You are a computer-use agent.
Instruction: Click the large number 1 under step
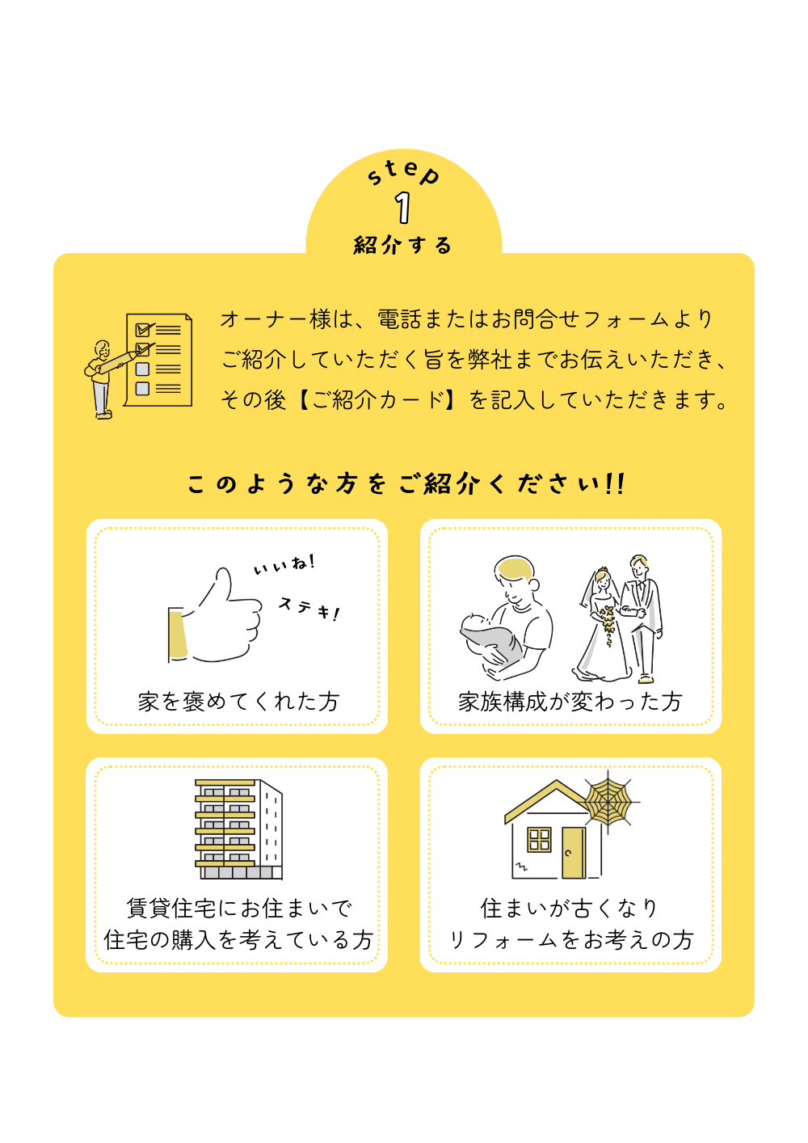[402, 208]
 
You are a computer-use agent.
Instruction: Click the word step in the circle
[403, 172]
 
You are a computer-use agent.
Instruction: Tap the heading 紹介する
[403, 245]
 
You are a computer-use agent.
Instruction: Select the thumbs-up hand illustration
[214, 616]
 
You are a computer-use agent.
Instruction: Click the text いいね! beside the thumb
[284, 564]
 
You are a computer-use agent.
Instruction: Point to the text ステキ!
[309, 608]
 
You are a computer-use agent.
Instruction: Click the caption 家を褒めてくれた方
[238, 702]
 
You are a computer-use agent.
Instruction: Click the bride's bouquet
[608, 623]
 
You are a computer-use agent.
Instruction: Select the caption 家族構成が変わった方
[570, 702]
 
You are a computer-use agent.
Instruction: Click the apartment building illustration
[238, 829]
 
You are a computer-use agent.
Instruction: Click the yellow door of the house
[574, 853]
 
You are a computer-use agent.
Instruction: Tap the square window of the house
[539, 839]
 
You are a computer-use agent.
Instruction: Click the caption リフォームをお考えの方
[570, 940]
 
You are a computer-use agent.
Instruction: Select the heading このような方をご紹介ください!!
[406, 483]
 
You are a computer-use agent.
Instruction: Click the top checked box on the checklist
[143, 330]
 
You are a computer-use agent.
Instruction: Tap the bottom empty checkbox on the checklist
[142, 388]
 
